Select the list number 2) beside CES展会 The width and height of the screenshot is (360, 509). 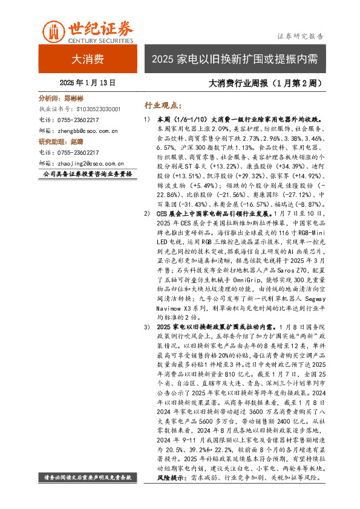(146, 213)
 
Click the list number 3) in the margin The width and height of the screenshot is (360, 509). (146, 327)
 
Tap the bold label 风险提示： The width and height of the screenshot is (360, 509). (172, 478)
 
